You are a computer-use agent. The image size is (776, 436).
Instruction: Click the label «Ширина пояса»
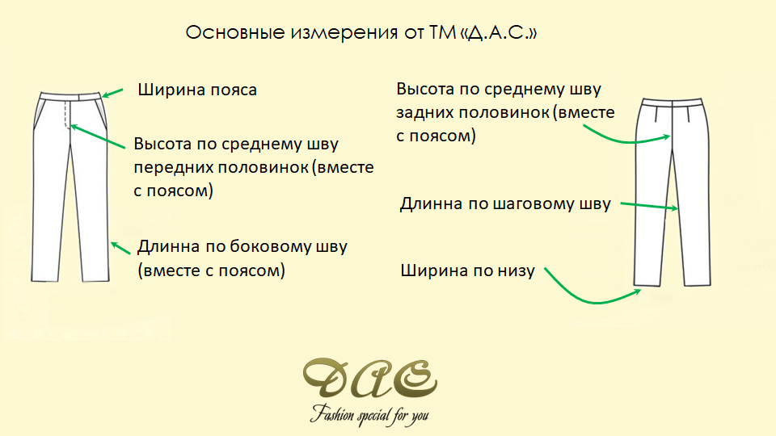197,90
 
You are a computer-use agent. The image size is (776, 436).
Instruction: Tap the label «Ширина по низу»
467,271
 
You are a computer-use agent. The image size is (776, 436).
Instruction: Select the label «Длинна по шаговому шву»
505,203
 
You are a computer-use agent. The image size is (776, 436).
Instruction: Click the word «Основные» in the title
235,32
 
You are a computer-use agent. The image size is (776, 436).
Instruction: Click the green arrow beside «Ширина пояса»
112,93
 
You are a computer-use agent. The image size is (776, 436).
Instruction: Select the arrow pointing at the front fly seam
98,136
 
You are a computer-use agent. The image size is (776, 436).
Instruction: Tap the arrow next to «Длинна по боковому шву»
120,248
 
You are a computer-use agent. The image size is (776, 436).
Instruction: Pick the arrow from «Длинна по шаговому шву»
649,206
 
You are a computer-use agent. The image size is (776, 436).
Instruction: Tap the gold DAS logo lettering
369,379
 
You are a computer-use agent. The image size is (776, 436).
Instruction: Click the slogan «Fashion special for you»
369,414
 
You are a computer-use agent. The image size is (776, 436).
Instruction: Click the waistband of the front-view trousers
70,96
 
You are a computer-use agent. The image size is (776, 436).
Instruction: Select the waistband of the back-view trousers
672,103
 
